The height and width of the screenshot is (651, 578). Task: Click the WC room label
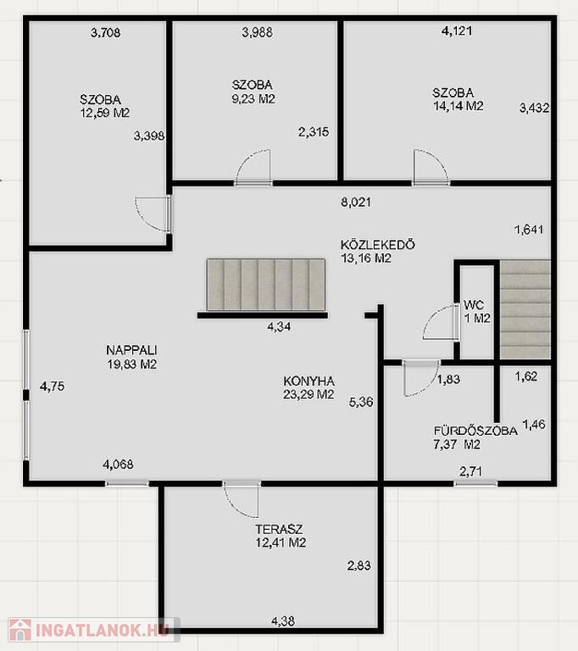point(474,305)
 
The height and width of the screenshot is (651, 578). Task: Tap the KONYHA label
point(309,381)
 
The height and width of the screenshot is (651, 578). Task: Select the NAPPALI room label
point(131,350)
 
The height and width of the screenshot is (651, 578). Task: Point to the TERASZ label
point(279,529)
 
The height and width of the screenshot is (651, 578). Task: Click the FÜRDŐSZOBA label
point(475,431)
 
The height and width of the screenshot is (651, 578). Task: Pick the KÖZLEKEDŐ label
point(378,244)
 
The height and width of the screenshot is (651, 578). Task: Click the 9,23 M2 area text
point(253,99)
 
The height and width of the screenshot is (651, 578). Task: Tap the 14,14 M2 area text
point(459,106)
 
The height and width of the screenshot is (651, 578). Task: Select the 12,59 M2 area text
point(105,113)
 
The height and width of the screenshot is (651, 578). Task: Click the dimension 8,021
point(356,203)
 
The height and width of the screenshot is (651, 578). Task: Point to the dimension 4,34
point(279,326)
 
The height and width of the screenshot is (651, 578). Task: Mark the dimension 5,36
point(361,402)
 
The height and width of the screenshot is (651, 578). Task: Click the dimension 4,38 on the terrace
point(283,621)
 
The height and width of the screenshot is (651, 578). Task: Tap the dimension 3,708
point(106,32)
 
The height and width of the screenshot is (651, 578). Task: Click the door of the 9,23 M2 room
point(253,166)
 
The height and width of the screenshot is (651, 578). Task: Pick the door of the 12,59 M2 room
point(153,214)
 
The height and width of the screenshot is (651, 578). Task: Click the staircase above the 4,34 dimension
point(266,285)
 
